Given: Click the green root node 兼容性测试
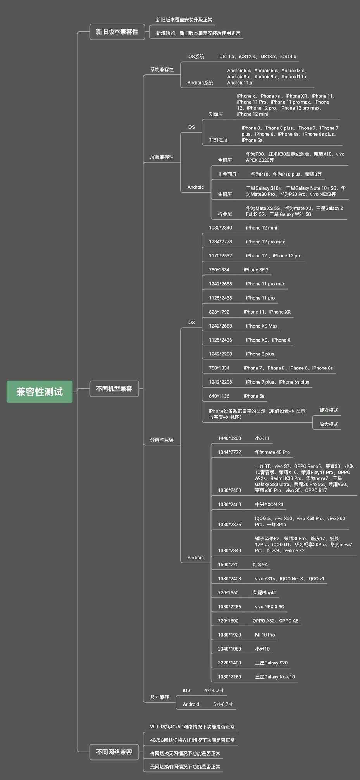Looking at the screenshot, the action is (40, 392).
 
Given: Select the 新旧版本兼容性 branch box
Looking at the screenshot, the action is (117, 32).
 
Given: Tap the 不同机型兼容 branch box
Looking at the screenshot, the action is (114, 388).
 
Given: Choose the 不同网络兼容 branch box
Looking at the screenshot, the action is (114, 752).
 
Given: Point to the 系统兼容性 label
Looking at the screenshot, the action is (162, 69).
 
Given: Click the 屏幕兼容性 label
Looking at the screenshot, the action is (162, 157).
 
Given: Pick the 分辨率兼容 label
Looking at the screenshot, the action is (162, 440).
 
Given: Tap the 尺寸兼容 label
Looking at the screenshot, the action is (160, 697).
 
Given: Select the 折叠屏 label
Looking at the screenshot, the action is (225, 214).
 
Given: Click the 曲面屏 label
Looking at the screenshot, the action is (225, 194).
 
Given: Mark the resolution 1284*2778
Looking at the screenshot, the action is (220, 242).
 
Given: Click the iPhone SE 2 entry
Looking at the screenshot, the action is (256, 270).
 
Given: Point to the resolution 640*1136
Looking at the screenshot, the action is (219, 396).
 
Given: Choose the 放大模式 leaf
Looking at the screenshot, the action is (329, 424).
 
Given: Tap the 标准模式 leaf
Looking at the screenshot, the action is (329, 410).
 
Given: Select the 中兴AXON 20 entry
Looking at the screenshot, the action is (269, 504).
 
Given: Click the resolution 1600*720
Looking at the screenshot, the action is (228, 564).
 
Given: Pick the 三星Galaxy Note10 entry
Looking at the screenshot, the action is (275, 677).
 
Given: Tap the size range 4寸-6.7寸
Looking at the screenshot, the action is (214, 690).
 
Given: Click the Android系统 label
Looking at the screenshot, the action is (200, 83).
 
